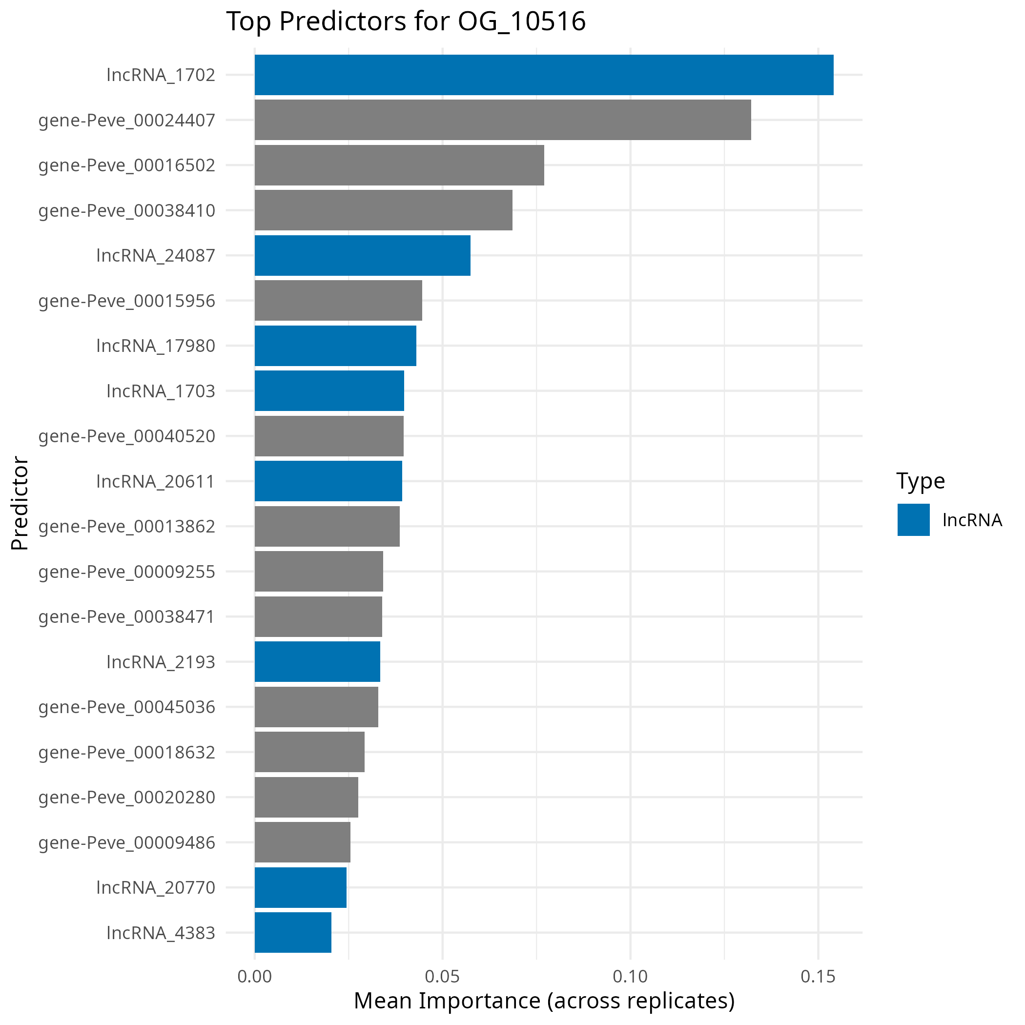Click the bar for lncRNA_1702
544,75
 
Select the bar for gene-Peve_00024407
502,120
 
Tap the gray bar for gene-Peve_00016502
399,165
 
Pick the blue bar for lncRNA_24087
362,255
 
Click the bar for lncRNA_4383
293,932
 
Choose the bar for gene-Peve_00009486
303,842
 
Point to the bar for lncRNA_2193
317,661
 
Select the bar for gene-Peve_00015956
338,300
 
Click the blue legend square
913,519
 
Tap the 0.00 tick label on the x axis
255,976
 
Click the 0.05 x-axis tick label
443,976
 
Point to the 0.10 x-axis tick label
630,976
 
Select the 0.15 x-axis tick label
818,976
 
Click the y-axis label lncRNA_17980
156,346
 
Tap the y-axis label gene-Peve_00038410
127,211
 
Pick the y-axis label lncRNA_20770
156,887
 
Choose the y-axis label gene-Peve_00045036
127,707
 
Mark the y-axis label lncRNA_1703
161,391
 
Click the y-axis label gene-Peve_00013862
127,526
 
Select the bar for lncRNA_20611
328,481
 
